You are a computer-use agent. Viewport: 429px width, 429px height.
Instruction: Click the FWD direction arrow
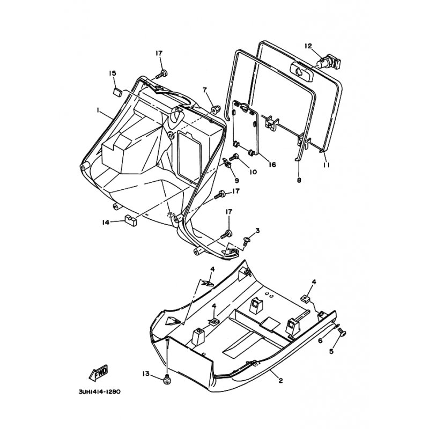tap(99, 373)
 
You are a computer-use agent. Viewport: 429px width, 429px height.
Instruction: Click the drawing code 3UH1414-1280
tap(99, 392)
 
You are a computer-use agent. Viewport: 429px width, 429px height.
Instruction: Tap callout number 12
tap(308, 46)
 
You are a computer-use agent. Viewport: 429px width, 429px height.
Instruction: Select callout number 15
tap(112, 73)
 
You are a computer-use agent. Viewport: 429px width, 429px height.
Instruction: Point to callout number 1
tap(98, 110)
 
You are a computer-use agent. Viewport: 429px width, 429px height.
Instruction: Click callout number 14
tap(106, 223)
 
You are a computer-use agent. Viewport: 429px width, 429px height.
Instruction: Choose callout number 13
tap(146, 373)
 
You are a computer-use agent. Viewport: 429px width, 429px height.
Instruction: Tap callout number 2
tap(280, 380)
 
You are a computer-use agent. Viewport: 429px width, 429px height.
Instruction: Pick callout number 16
tap(272, 165)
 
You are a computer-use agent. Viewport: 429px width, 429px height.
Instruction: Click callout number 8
tap(299, 180)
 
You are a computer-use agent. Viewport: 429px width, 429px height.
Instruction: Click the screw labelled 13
tap(167, 380)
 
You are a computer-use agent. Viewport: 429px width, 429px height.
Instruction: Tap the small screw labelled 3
tap(246, 242)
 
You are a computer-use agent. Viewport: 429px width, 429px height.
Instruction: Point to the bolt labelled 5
tap(342, 334)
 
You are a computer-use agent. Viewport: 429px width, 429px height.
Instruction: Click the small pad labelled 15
tap(117, 92)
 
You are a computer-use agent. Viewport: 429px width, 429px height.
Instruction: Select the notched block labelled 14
tap(131, 220)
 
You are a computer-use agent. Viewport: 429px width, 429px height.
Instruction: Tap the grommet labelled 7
tap(216, 108)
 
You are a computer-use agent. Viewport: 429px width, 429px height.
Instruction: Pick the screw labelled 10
tap(233, 158)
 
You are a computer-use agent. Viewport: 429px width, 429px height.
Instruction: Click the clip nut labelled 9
tap(227, 163)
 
